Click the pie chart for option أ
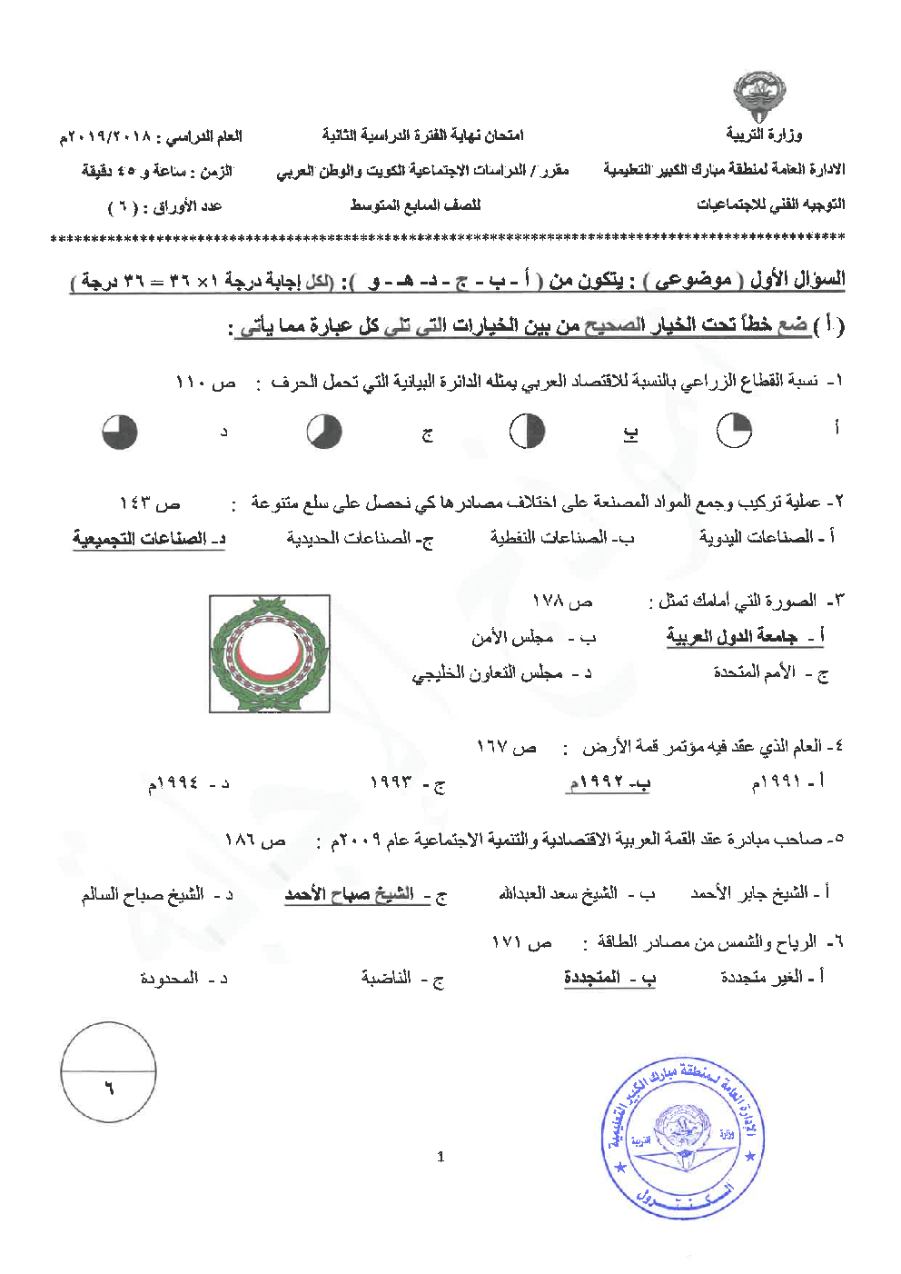(734, 431)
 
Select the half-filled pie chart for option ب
(527, 431)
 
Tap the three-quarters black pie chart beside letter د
(119, 432)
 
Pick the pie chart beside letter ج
(323, 432)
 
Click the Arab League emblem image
(269, 653)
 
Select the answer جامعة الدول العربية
(733, 637)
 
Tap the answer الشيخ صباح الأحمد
(350, 895)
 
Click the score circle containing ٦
(108, 1071)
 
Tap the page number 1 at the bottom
(441, 1157)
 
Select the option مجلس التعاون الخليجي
(489, 673)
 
